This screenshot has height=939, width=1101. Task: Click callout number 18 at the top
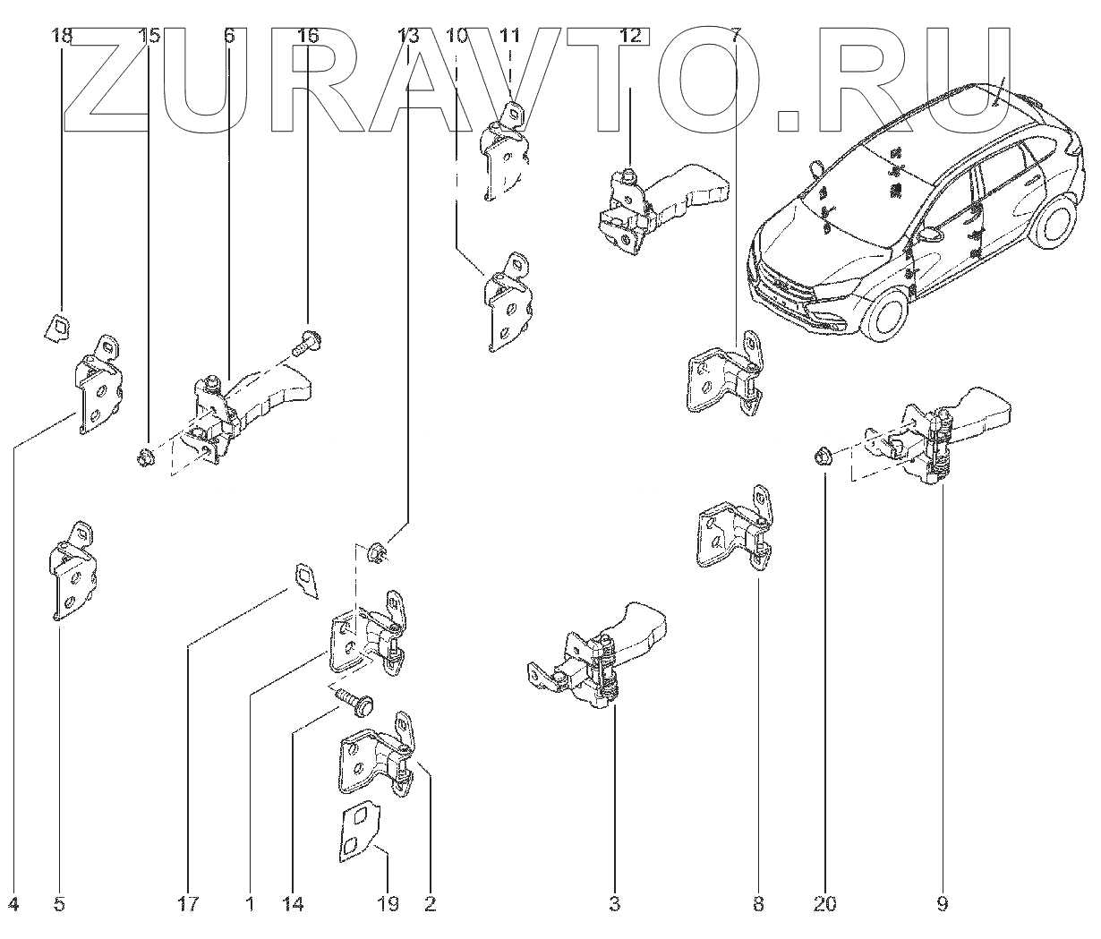61,37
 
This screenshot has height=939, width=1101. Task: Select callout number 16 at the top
307,37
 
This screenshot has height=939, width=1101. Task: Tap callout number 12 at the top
630,37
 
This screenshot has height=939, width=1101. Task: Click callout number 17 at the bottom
188,904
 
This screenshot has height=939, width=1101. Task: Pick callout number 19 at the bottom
387,904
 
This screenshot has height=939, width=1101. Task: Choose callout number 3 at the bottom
614,904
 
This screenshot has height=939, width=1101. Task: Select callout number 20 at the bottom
824,904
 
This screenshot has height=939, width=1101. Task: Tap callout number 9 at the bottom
942,904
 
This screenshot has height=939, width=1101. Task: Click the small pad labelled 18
58,326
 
